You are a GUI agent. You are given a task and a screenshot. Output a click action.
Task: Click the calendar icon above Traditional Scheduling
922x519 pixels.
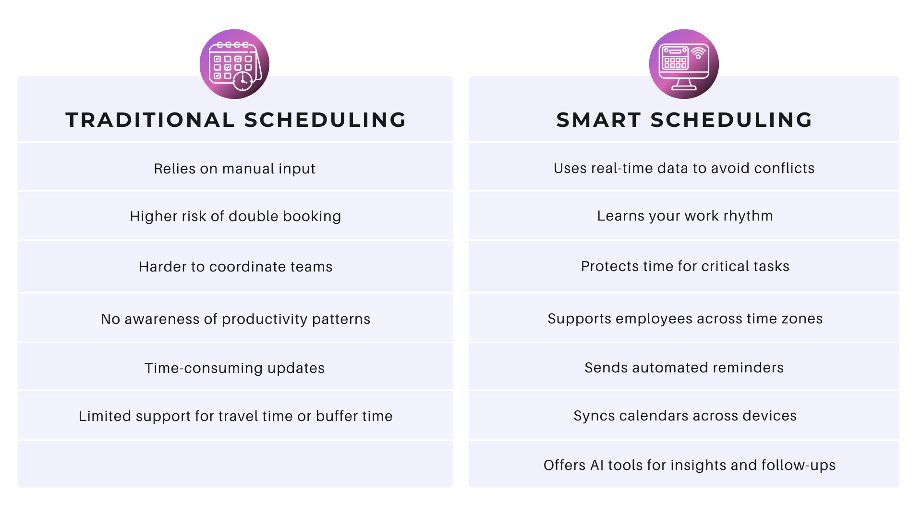pyautogui.click(x=234, y=64)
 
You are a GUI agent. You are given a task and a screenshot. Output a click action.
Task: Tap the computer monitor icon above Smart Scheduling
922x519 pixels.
pyautogui.click(x=684, y=64)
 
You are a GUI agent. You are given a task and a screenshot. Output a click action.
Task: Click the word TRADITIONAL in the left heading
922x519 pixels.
pyautogui.click(x=150, y=120)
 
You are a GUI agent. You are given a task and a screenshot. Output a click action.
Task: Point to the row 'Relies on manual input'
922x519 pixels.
pyautogui.click(x=234, y=169)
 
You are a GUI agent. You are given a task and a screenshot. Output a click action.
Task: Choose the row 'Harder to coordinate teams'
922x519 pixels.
pyautogui.click(x=235, y=267)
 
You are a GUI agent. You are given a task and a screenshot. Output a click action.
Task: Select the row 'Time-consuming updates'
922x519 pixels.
pyautogui.click(x=234, y=368)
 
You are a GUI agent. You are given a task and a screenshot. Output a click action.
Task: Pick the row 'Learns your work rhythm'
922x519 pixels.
pyautogui.click(x=685, y=216)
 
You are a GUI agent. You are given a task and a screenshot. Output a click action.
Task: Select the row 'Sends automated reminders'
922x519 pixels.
pyautogui.click(x=684, y=368)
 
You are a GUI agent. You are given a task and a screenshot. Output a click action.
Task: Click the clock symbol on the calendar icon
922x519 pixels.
pyautogui.click(x=243, y=80)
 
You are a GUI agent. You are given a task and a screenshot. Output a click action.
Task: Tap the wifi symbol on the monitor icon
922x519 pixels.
pyautogui.click(x=698, y=53)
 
